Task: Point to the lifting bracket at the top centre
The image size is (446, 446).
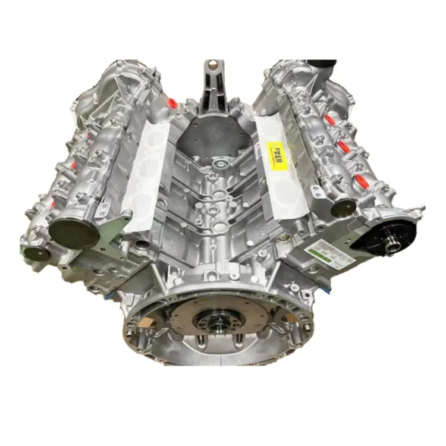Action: [212, 89]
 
